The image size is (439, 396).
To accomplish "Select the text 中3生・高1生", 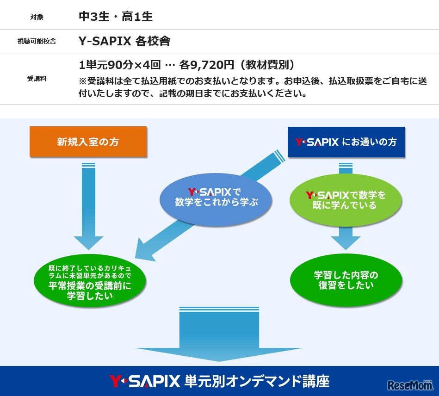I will [116, 17].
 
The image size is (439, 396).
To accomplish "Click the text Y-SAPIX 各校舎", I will [124, 41].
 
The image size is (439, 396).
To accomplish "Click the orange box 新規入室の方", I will [88, 142].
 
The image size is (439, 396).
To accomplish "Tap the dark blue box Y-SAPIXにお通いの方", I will [346, 142].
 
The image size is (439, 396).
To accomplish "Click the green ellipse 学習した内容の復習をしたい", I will [346, 280].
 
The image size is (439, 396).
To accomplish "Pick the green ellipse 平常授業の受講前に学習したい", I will [90, 282].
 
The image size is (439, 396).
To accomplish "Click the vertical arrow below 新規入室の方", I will [88, 204].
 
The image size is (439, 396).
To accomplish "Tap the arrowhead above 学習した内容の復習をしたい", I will [346, 241].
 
